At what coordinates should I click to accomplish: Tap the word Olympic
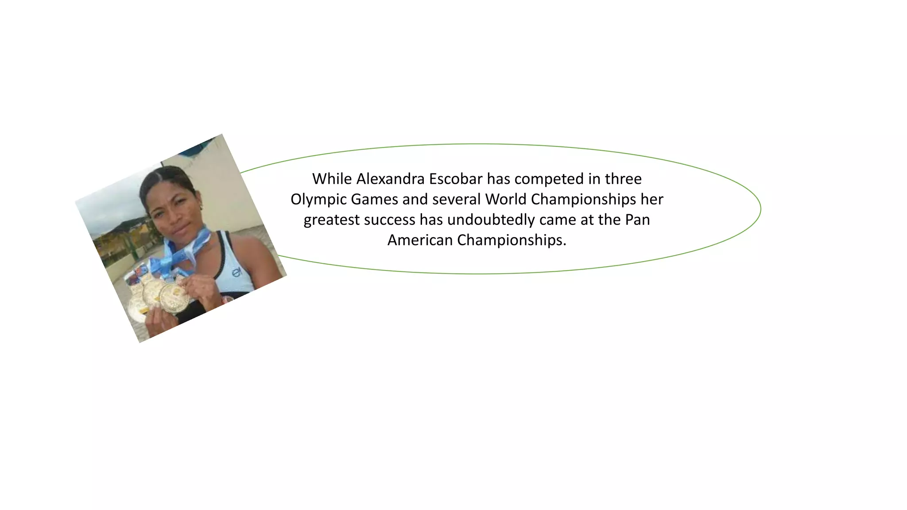coord(318,200)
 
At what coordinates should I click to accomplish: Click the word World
coord(506,199)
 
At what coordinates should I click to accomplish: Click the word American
coord(420,240)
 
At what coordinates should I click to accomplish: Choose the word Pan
coord(637,220)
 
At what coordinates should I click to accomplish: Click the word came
coord(559,220)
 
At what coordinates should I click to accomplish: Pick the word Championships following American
coord(512,240)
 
